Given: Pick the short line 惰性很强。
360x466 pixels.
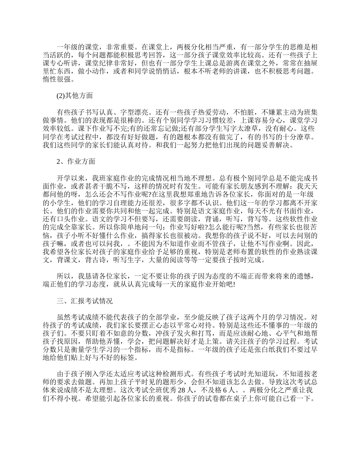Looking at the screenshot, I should pos(59,80).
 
